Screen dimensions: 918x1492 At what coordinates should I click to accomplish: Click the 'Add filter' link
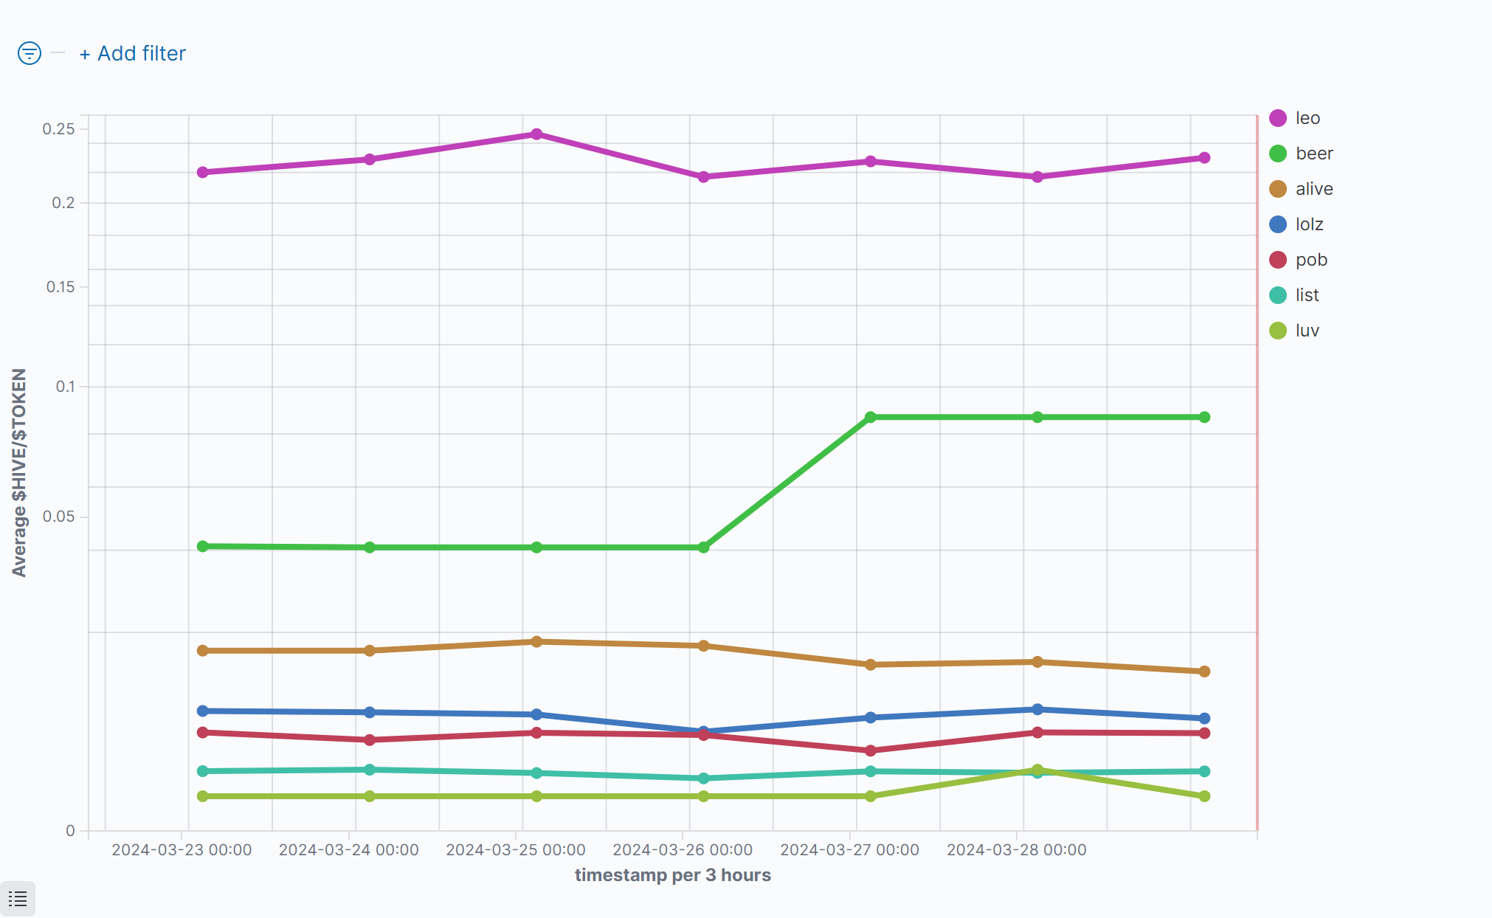coord(133,54)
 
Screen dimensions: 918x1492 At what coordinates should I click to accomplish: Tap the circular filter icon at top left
coord(30,53)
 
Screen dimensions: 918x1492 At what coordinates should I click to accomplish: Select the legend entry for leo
coord(1307,118)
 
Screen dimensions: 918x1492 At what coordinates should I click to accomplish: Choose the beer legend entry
coord(1313,153)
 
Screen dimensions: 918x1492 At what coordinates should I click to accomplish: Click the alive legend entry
coord(1313,189)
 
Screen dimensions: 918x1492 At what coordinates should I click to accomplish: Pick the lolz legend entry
coord(1309,224)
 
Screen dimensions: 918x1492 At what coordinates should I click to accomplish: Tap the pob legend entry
coord(1310,260)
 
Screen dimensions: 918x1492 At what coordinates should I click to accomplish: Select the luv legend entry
coord(1307,331)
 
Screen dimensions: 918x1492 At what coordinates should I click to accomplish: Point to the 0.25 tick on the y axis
coord(59,129)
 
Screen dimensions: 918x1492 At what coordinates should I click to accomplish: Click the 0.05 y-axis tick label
coord(59,517)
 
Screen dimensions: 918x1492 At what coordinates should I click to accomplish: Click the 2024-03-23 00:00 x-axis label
coord(182,850)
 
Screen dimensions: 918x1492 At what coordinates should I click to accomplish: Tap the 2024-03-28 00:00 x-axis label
coord(1016,850)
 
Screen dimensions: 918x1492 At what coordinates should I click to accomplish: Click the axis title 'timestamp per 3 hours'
coord(672,875)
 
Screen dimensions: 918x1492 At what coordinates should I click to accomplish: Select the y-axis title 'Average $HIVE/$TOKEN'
coord(19,472)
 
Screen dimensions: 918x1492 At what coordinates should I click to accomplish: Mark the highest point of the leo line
coord(536,134)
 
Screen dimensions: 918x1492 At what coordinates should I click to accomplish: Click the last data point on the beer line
coord(1204,417)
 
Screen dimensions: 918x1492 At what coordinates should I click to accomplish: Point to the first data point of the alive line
coord(203,651)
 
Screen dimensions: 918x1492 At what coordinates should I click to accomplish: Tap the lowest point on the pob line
coord(871,750)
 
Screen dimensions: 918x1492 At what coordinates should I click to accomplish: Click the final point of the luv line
coord(1204,796)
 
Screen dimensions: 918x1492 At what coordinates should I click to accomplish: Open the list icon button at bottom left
coord(18,899)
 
